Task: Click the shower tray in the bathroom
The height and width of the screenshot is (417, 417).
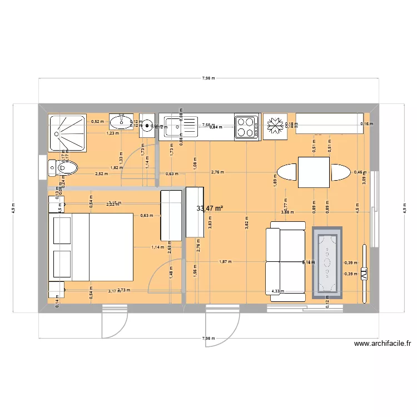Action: point(67,132)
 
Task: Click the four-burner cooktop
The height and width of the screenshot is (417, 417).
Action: point(247,126)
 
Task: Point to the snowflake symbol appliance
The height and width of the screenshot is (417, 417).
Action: point(275,126)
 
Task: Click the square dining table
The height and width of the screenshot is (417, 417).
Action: point(314,172)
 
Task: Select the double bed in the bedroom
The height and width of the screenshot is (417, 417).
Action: point(92,246)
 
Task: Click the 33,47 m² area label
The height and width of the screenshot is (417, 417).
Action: point(210,209)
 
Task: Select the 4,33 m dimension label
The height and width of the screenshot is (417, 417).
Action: point(276,291)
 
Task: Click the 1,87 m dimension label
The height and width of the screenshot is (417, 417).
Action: point(225,261)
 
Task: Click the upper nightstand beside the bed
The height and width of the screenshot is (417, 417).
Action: point(56,204)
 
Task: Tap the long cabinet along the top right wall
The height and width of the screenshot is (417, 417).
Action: point(328,123)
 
